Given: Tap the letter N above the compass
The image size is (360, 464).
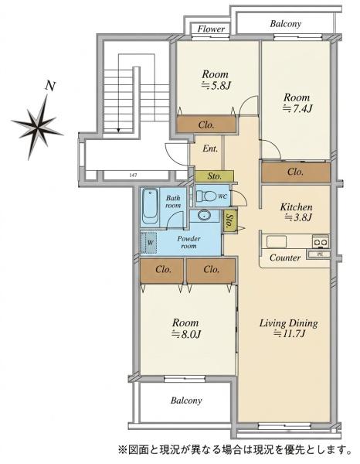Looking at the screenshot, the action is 50,86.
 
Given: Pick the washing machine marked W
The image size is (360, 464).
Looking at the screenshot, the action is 148,243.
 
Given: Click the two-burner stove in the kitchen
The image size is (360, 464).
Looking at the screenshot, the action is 321,242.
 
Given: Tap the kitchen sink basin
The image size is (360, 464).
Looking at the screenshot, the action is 277,241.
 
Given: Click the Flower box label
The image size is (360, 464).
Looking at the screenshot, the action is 211,29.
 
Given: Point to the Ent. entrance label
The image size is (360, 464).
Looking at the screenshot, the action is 210,148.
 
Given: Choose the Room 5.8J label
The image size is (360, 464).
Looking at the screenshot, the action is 216,80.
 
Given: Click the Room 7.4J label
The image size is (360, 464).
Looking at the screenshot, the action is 297,103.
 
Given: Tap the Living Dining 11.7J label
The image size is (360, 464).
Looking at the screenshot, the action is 289,328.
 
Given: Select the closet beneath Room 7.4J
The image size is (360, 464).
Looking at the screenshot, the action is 296,172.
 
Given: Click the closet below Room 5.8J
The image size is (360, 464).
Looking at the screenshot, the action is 206,125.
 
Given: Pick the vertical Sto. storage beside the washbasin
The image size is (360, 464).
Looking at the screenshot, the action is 229,220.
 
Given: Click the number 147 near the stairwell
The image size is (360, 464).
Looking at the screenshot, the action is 134,176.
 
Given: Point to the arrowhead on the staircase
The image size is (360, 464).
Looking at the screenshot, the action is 118,130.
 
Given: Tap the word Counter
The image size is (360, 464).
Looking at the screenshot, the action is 285,258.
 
